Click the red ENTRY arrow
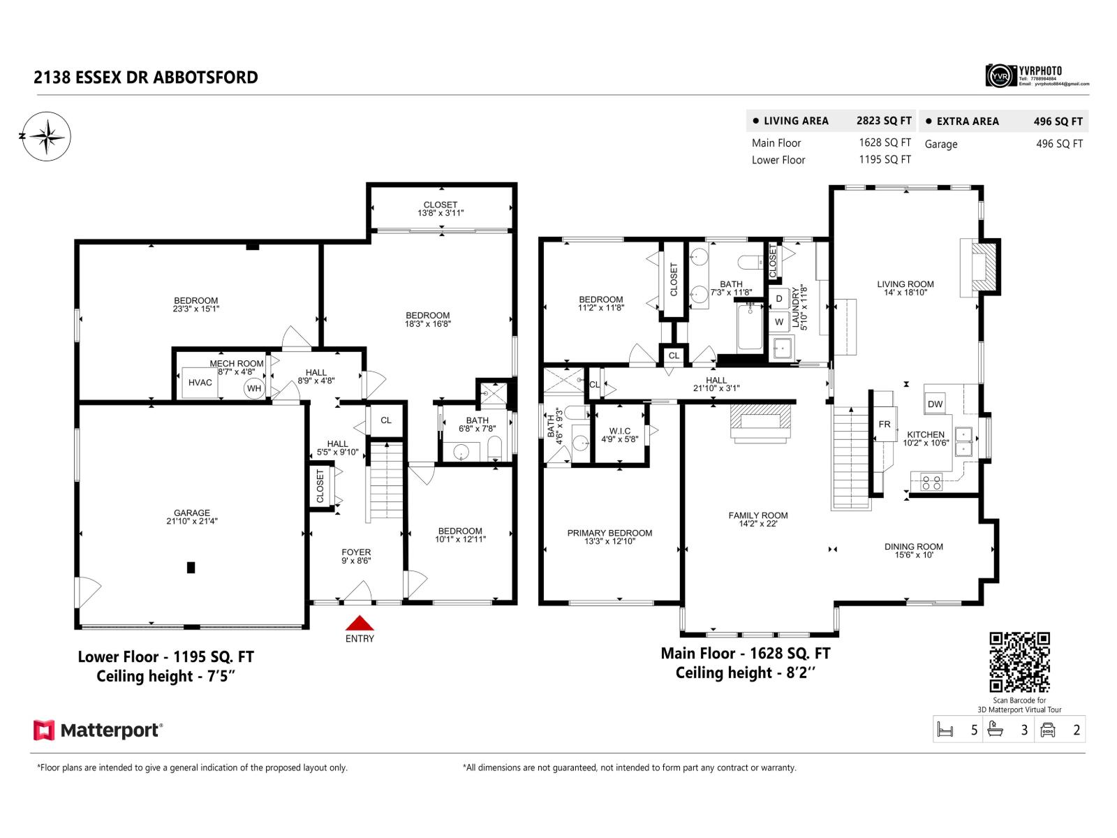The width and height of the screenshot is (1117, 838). (360, 623)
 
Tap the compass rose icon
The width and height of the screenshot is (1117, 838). (46, 136)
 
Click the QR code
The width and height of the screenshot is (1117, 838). (1019, 662)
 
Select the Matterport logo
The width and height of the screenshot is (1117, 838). (98, 730)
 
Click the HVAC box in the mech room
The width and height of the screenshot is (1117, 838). (200, 383)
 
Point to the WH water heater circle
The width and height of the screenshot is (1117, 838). (254, 388)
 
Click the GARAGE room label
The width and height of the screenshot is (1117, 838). (192, 513)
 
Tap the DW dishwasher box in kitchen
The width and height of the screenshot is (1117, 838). (935, 404)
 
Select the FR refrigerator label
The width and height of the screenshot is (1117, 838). (885, 425)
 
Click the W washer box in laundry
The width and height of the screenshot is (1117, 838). (779, 322)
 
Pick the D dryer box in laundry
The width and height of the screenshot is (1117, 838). (779, 299)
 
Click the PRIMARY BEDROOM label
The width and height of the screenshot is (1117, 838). (609, 533)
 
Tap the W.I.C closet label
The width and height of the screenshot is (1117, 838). (619, 432)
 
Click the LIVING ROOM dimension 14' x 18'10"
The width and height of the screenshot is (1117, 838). (905, 293)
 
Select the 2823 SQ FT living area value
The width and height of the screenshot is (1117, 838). (884, 121)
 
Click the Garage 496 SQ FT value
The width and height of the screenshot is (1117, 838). (1059, 144)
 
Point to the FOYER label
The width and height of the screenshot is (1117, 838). (356, 552)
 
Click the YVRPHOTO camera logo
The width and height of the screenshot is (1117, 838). (1000, 75)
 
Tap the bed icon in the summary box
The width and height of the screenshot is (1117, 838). (945, 730)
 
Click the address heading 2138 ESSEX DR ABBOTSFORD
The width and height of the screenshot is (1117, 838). (146, 78)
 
